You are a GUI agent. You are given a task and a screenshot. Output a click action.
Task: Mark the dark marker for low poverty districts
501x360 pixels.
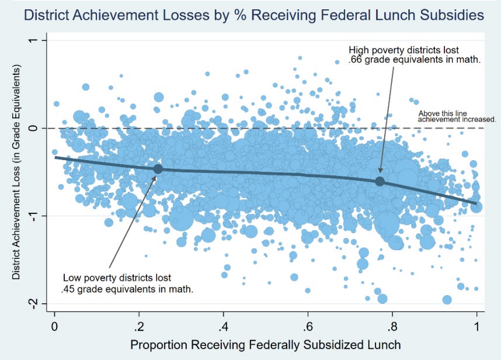(x=157, y=169)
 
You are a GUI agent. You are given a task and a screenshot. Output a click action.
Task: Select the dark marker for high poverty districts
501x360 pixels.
(x=380, y=181)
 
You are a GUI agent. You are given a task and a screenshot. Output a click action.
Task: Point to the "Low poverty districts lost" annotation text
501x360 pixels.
(x=117, y=278)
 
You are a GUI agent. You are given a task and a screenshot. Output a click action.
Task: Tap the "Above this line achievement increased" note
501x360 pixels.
(x=457, y=117)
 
